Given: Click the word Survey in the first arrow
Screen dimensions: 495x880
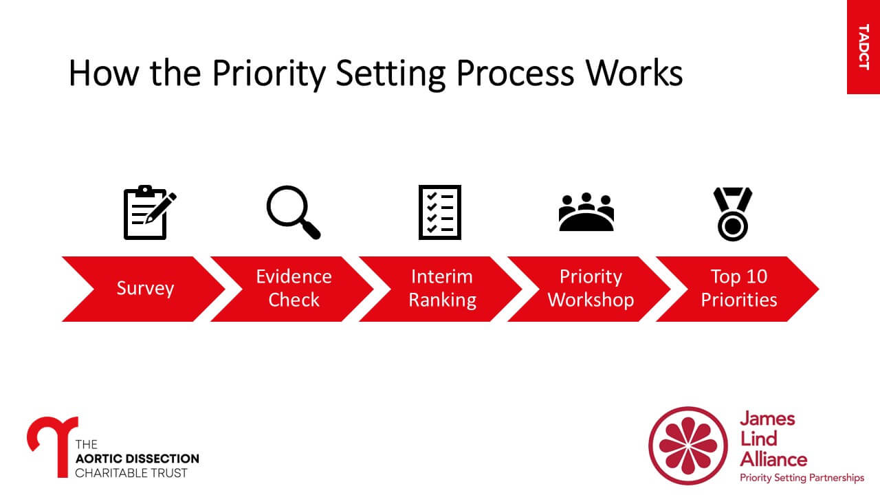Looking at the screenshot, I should pyautogui.click(x=144, y=288).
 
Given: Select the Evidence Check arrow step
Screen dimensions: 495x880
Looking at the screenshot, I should pyautogui.click(x=294, y=288).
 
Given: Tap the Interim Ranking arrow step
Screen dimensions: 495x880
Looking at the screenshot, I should pyautogui.click(x=442, y=288).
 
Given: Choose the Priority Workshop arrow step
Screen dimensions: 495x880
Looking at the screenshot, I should pyautogui.click(x=591, y=288).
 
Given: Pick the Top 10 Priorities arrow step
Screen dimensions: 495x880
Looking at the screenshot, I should pyautogui.click(x=739, y=288).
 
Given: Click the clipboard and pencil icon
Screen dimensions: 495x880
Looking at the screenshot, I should pyautogui.click(x=148, y=212).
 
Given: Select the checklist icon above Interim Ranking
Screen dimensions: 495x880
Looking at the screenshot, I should pyautogui.click(x=440, y=212).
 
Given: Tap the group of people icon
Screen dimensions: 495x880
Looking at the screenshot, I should pyautogui.click(x=586, y=212).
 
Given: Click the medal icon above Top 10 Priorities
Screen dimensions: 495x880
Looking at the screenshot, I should pyautogui.click(x=733, y=214).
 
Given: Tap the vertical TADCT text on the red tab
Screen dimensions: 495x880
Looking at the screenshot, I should pyautogui.click(x=863, y=47).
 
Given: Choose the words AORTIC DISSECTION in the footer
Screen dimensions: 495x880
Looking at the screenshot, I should pyautogui.click(x=137, y=459).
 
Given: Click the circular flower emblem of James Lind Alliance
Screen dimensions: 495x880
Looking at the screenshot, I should pyautogui.click(x=687, y=445).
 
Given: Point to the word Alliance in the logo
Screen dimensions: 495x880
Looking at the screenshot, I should pyautogui.click(x=773, y=459).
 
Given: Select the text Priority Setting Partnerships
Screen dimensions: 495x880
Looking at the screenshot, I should pyautogui.click(x=802, y=478).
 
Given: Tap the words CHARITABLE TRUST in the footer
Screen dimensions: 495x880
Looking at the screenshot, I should pyautogui.click(x=131, y=473).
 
